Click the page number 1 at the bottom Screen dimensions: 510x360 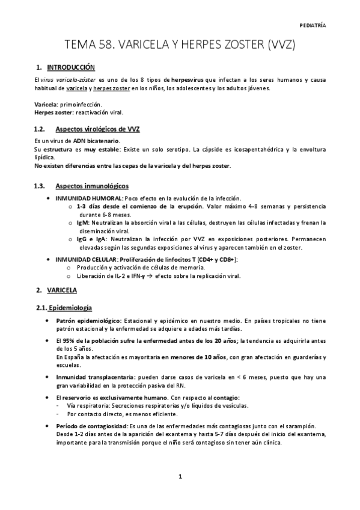tap(180, 478)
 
